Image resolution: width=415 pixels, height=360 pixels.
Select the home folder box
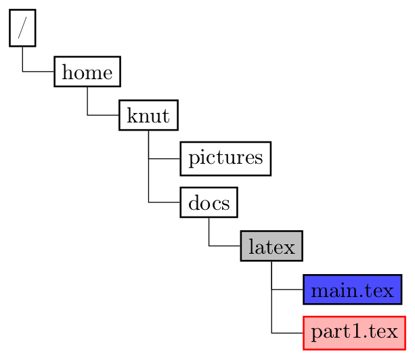[87, 72]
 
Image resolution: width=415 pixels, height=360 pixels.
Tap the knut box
[148, 115]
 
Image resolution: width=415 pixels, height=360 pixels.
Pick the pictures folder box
[225, 158]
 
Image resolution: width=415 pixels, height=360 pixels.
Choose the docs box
[209, 202]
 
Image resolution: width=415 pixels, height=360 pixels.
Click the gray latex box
[271, 246]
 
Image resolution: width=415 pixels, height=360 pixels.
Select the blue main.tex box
[353, 290]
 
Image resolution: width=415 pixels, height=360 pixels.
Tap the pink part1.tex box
[354, 333]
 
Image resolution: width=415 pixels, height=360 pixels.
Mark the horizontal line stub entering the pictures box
[165, 158]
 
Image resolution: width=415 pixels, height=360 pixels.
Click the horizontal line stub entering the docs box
[165, 202]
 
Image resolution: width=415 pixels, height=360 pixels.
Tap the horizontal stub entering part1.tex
[288, 333]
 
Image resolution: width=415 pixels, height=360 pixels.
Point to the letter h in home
[66, 72]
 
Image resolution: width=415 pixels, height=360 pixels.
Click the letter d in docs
[193, 202]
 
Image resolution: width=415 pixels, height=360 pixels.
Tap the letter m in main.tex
[318, 291]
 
